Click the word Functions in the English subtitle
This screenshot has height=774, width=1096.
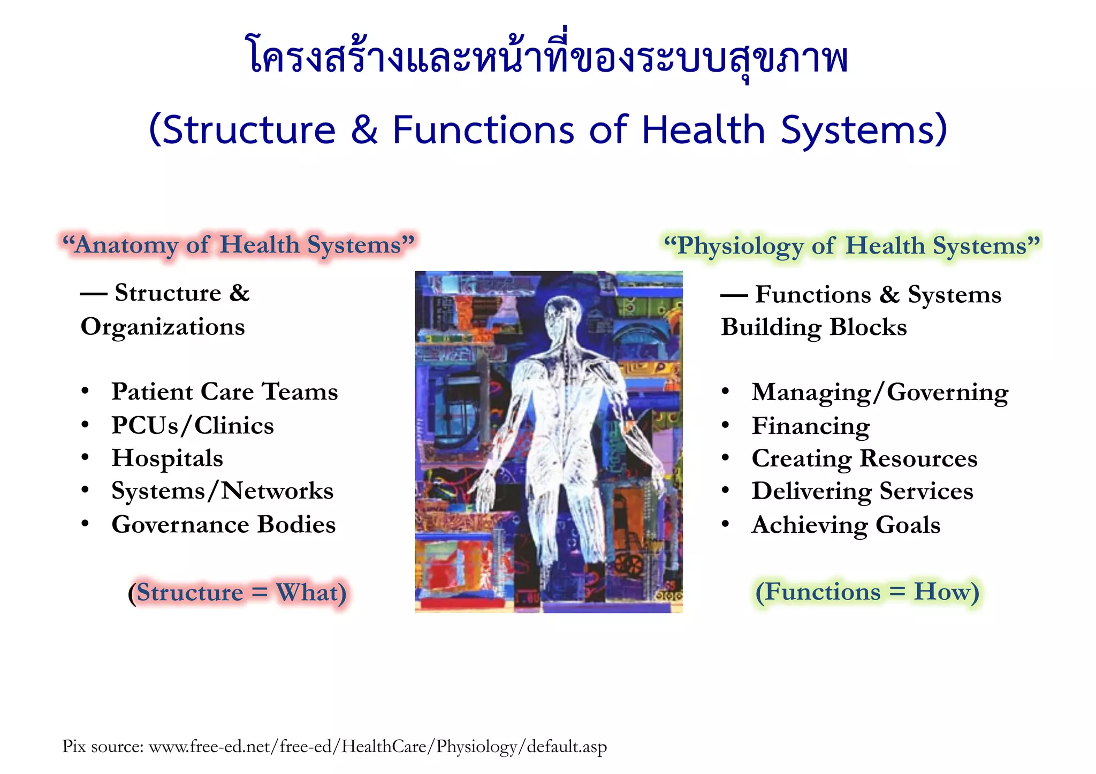483,130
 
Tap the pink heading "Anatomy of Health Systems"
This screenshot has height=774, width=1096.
238,245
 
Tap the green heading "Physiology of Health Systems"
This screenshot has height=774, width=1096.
852,246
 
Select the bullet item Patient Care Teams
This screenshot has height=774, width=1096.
224,392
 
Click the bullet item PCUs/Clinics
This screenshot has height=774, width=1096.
192,426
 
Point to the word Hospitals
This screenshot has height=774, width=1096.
167,458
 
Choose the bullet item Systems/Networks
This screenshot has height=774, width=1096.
222,491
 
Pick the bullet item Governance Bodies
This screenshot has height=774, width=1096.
223,525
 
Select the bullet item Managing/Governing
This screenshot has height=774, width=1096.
879,393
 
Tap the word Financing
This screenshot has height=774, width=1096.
810,426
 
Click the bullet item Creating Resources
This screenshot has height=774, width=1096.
864,459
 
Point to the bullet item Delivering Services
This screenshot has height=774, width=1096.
862,492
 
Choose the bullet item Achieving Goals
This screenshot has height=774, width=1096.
846,525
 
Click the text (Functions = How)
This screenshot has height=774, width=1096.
867,592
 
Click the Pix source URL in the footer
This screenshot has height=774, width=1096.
377,746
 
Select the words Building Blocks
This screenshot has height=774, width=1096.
813,327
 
